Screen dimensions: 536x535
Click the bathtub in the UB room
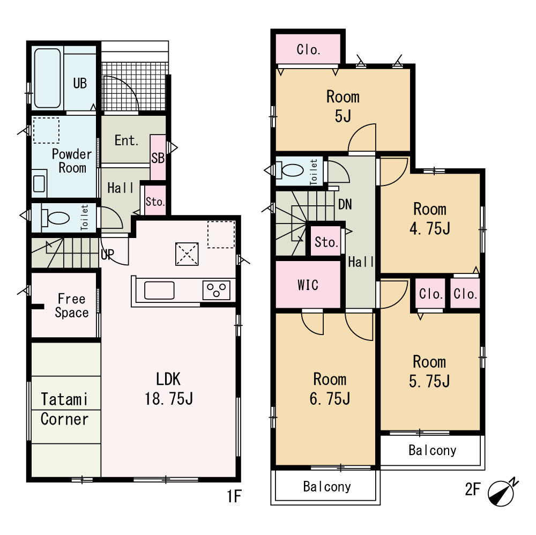48,78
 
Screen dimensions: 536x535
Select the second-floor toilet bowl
292,170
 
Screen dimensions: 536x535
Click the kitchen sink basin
159,290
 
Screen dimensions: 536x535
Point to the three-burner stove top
217,290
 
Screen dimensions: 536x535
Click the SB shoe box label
158,158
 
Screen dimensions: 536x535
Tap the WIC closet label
308,285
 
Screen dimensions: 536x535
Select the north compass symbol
502,492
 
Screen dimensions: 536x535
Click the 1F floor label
235,496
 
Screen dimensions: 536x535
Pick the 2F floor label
473,489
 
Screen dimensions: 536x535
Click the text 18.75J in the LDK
168,399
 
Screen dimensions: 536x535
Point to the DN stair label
345,204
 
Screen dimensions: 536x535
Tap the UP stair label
107,254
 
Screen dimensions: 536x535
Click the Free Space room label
71,306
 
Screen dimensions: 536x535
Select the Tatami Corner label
65,409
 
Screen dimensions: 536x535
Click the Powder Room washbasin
39,183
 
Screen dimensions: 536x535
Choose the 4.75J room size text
430,229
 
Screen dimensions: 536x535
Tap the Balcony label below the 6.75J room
327,486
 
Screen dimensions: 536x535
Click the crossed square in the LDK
187,254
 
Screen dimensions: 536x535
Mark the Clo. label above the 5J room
308,50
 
